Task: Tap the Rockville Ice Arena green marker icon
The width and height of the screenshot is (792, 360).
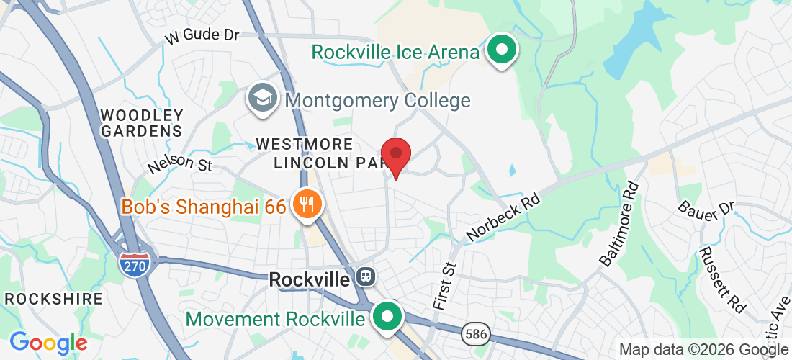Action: [x=503, y=50]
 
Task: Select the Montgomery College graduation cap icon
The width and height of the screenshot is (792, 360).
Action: [x=263, y=99]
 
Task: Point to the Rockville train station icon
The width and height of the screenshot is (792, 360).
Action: [x=366, y=277]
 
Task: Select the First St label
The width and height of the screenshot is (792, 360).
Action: [x=445, y=276]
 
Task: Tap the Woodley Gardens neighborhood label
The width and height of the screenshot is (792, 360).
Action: [x=142, y=123]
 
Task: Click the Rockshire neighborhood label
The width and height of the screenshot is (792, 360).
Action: [x=40, y=298]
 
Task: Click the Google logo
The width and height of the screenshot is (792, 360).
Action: [x=48, y=343]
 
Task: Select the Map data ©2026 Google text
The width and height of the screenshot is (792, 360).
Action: [x=703, y=350]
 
